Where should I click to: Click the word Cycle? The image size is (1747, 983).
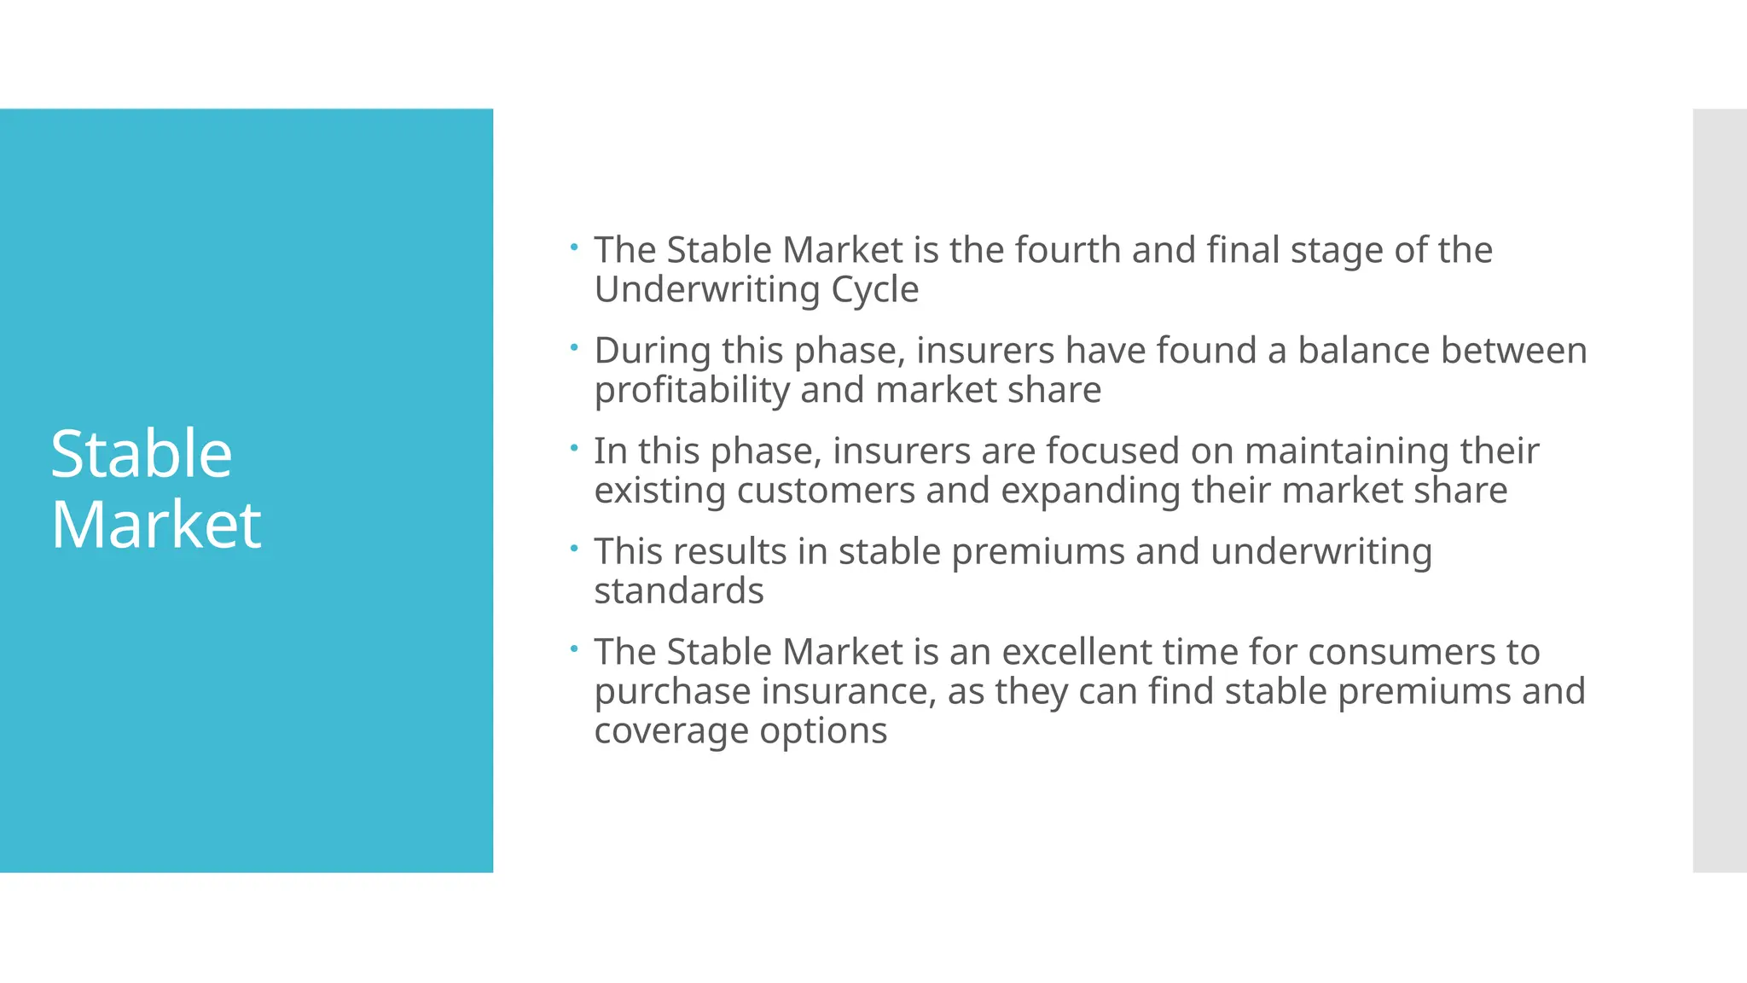[874, 290]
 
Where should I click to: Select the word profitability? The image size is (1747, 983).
[692, 391]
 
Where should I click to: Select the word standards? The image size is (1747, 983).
[678, 590]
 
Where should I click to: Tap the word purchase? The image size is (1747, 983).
[672, 692]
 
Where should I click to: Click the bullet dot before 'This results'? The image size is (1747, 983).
[574, 548]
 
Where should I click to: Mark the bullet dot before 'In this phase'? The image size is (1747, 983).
[574, 447]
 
